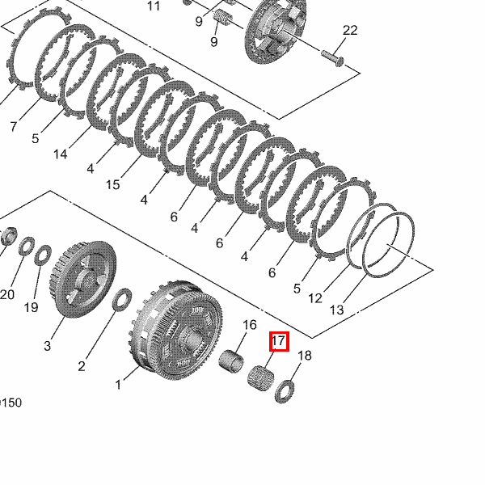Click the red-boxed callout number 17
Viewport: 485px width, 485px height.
[x=278, y=341]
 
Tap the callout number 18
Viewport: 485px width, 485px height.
[x=305, y=356]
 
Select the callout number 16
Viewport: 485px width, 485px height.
[x=249, y=325]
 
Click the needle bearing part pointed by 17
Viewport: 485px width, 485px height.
[x=261, y=378]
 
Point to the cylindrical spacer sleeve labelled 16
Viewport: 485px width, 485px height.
[x=230, y=361]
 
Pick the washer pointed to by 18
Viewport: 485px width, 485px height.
[x=285, y=391]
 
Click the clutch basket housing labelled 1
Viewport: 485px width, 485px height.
[x=175, y=331]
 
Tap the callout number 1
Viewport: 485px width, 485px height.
[x=118, y=385]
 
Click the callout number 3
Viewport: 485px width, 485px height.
[x=47, y=346]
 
